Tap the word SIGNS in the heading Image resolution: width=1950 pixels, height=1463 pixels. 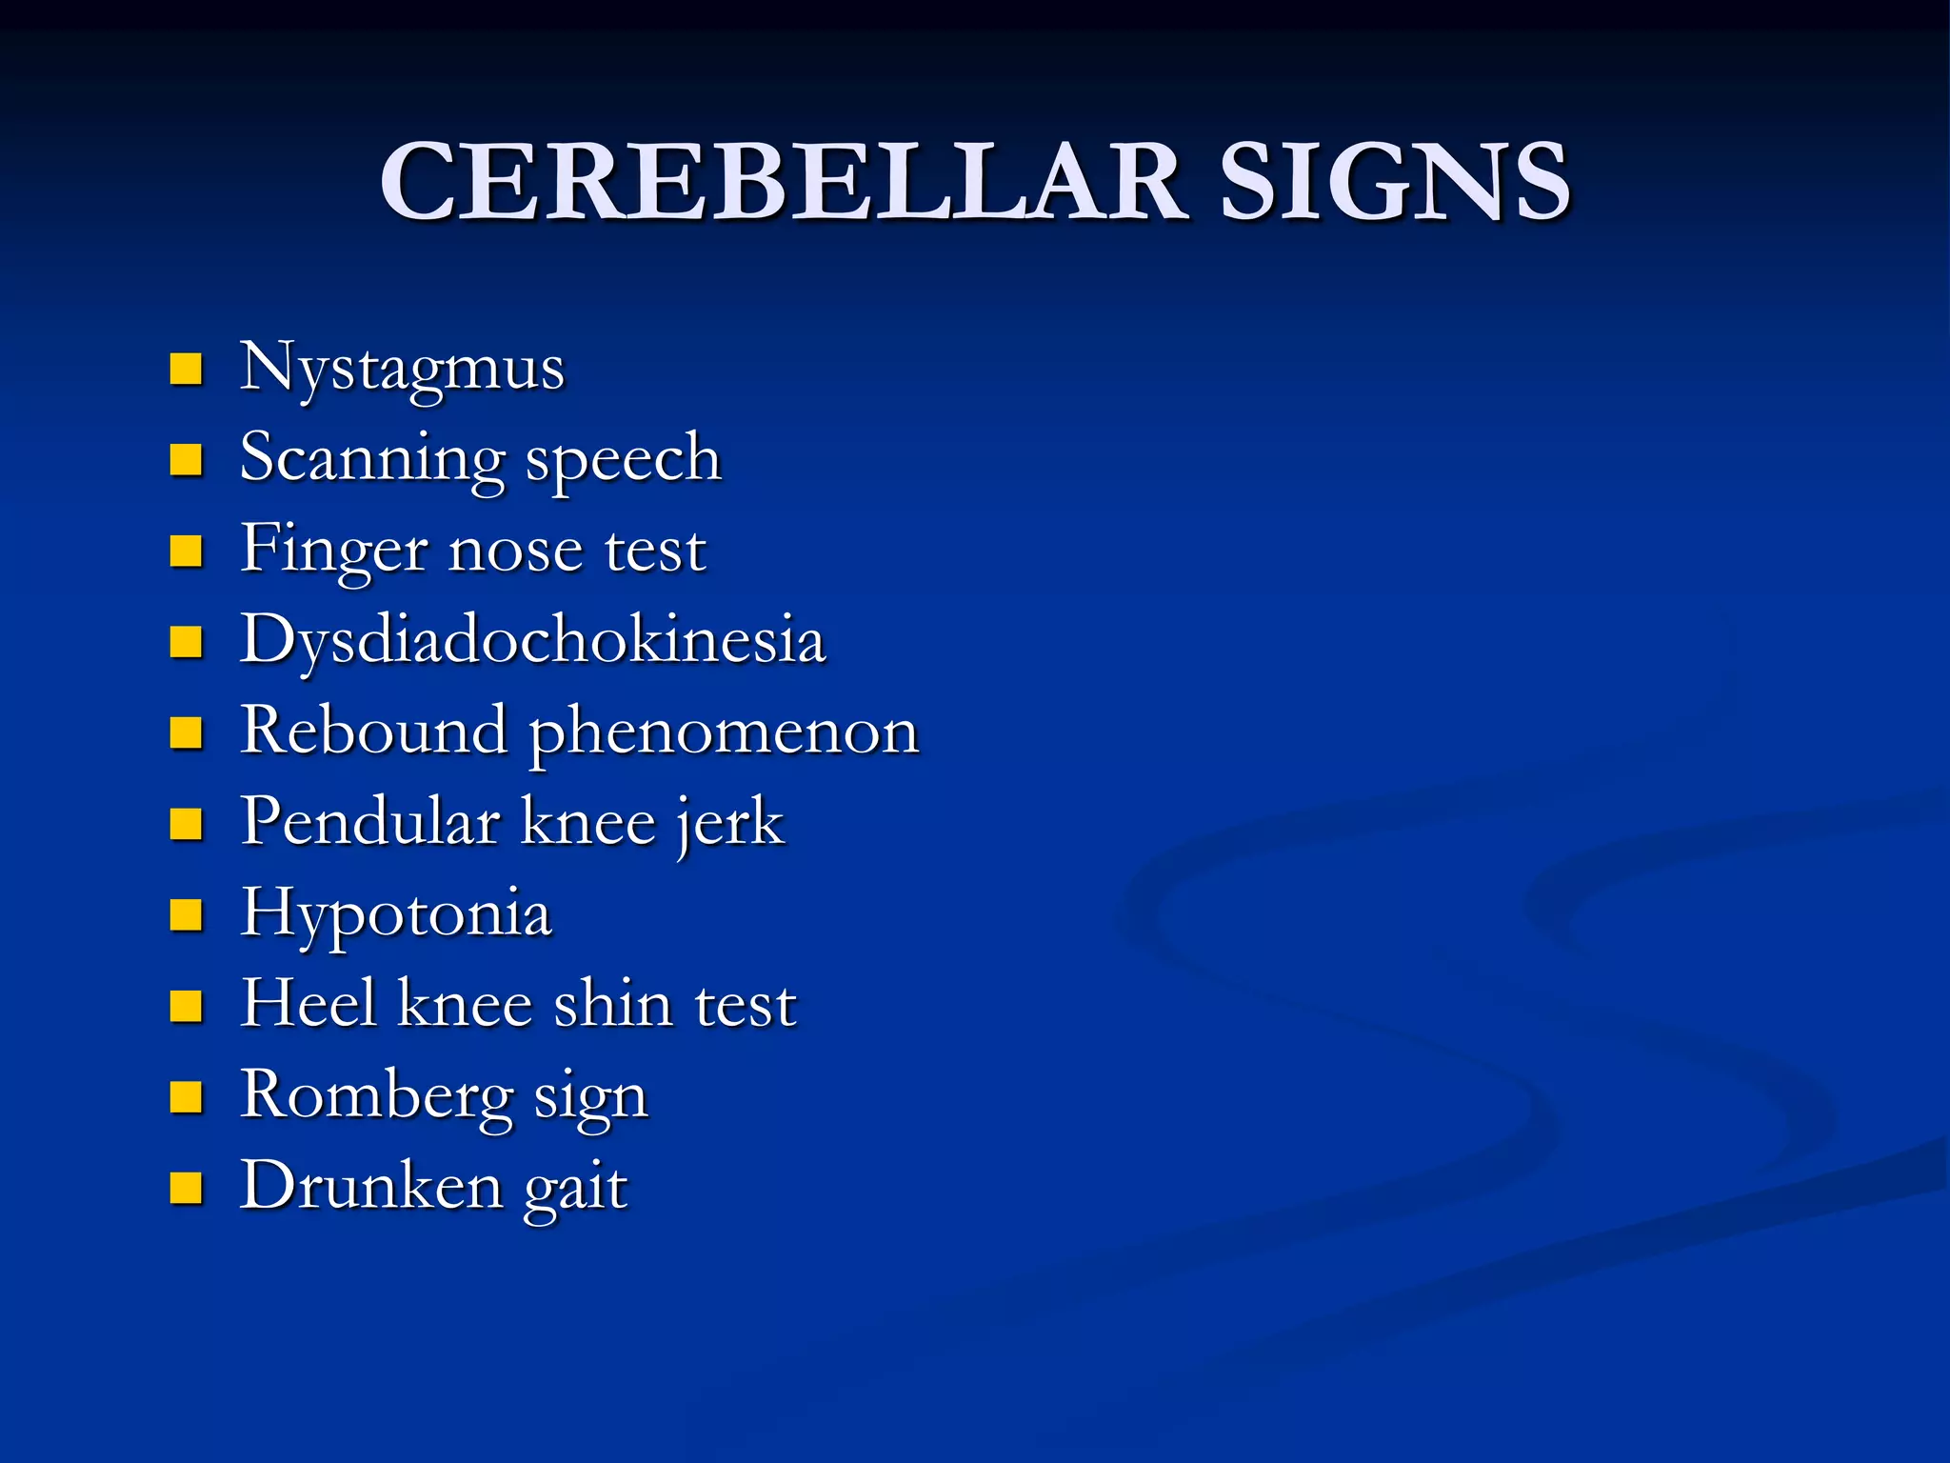[1394, 181]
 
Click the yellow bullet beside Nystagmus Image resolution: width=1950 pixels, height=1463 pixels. [186, 370]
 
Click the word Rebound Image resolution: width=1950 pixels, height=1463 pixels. [373, 731]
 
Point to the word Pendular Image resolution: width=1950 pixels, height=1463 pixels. [370, 822]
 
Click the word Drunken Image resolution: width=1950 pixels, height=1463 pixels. [371, 1187]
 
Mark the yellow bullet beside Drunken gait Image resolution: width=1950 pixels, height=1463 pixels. [186, 1189]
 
